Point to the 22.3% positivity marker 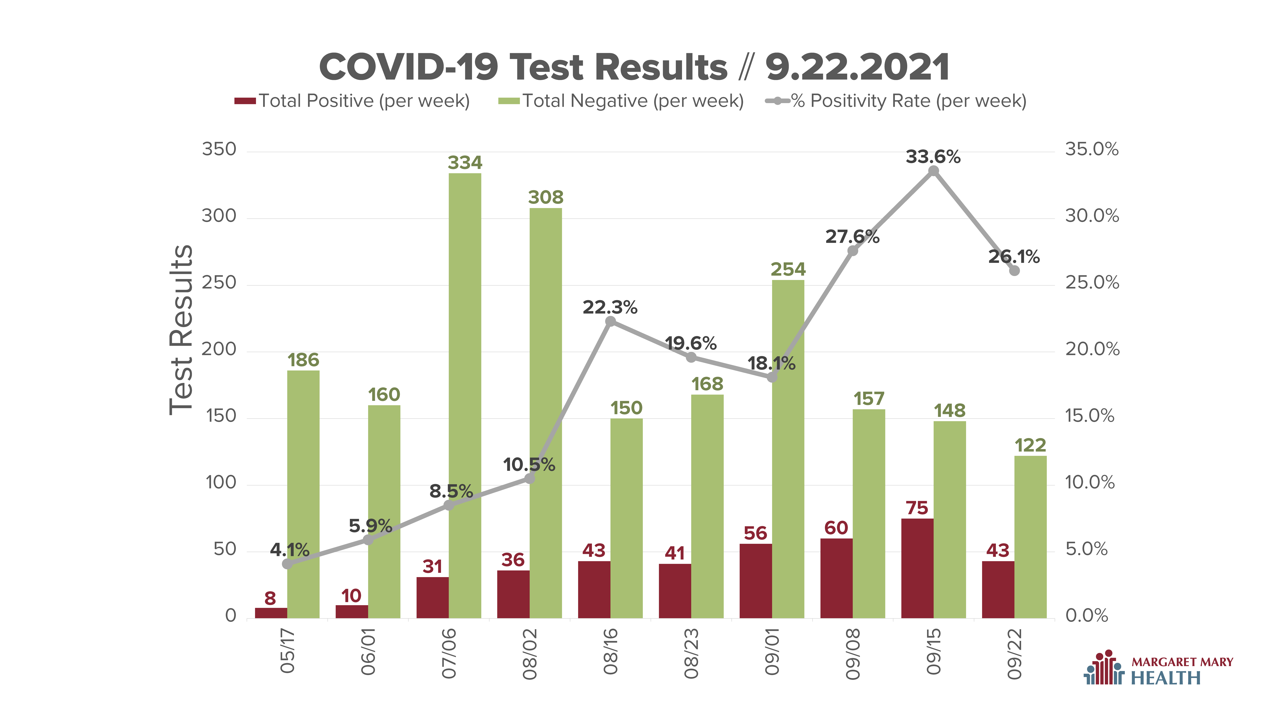(610, 321)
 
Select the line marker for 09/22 (1014, 270)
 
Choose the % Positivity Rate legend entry (896, 101)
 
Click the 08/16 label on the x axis (610, 651)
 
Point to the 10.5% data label (529, 465)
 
